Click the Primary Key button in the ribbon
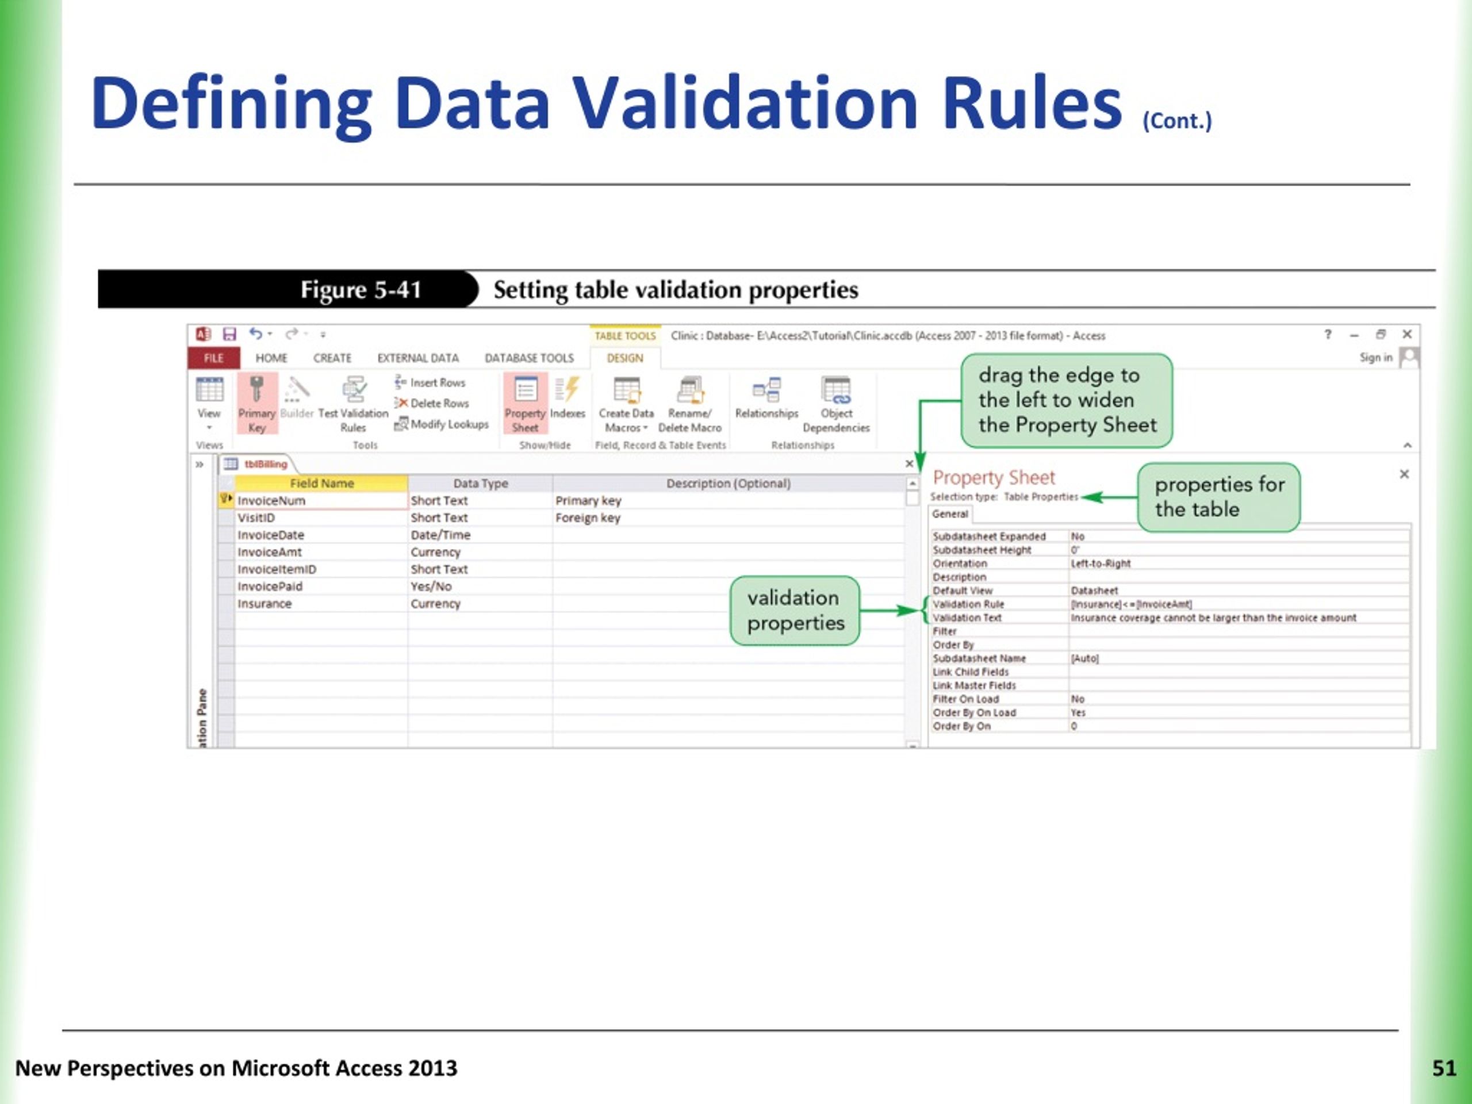pyautogui.click(x=256, y=404)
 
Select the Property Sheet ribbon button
pyautogui.click(x=525, y=404)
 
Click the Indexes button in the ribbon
pyautogui.click(x=567, y=399)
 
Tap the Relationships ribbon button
pyautogui.click(x=766, y=399)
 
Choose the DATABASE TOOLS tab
pyautogui.click(x=528, y=358)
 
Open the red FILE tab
pyautogui.click(x=214, y=358)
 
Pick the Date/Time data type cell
pyautogui.click(x=440, y=535)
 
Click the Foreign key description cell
pyautogui.click(x=588, y=517)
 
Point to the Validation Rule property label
pyautogui.click(x=968, y=604)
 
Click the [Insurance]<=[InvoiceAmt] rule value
pyautogui.click(x=1130, y=604)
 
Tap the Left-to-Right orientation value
pyautogui.click(x=1100, y=563)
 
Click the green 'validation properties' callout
pyautogui.click(x=795, y=610)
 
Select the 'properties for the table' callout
pyautogui.click(x=1218, y=497)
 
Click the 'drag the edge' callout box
pyautogui.click(x=1066, y=400)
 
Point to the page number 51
pyautogui.click(x=1443, y=1067)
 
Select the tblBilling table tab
pyautogui.click(x=265, y=464)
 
